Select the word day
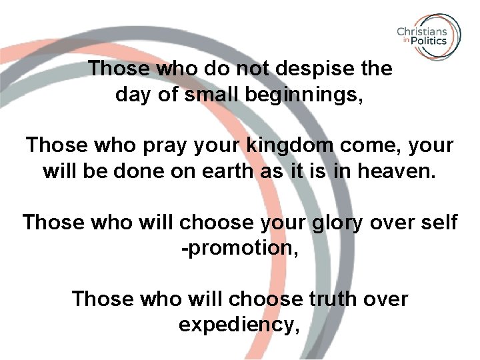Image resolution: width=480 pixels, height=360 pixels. tap(132, 95)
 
